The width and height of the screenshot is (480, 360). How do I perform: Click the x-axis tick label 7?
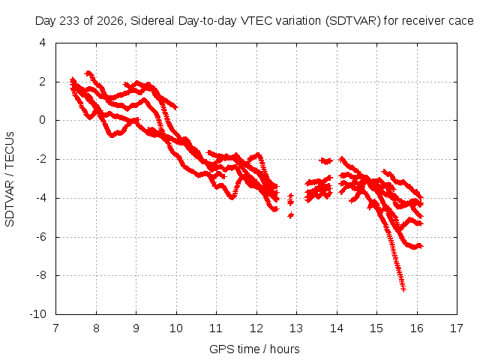tap(55, 328)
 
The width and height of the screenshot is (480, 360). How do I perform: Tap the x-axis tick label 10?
tap(176, 328)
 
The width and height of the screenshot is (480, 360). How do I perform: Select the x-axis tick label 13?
tap(296, 328)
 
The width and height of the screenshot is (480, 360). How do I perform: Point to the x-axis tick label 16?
tap(417, 328)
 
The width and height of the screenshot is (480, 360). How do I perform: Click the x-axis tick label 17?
tap(457, 328)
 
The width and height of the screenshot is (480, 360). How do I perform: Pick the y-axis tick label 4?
tap(43, 43)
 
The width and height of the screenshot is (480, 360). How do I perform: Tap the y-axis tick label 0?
tap(43, 120)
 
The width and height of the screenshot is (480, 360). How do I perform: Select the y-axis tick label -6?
tap(40, 237)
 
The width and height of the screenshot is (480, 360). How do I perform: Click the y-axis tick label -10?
tap(37, 314)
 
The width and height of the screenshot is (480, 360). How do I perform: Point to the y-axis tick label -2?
tap(40, 159)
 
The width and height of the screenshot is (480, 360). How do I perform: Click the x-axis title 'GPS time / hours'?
tap(254, 349)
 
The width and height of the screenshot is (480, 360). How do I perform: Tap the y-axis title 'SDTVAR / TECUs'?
tap(10, 179)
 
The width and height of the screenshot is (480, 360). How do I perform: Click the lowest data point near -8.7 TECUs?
tap(403, 289)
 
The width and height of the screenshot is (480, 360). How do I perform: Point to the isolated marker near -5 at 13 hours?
tap(290, 215)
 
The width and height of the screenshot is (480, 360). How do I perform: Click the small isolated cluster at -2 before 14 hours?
tap(325, 160)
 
